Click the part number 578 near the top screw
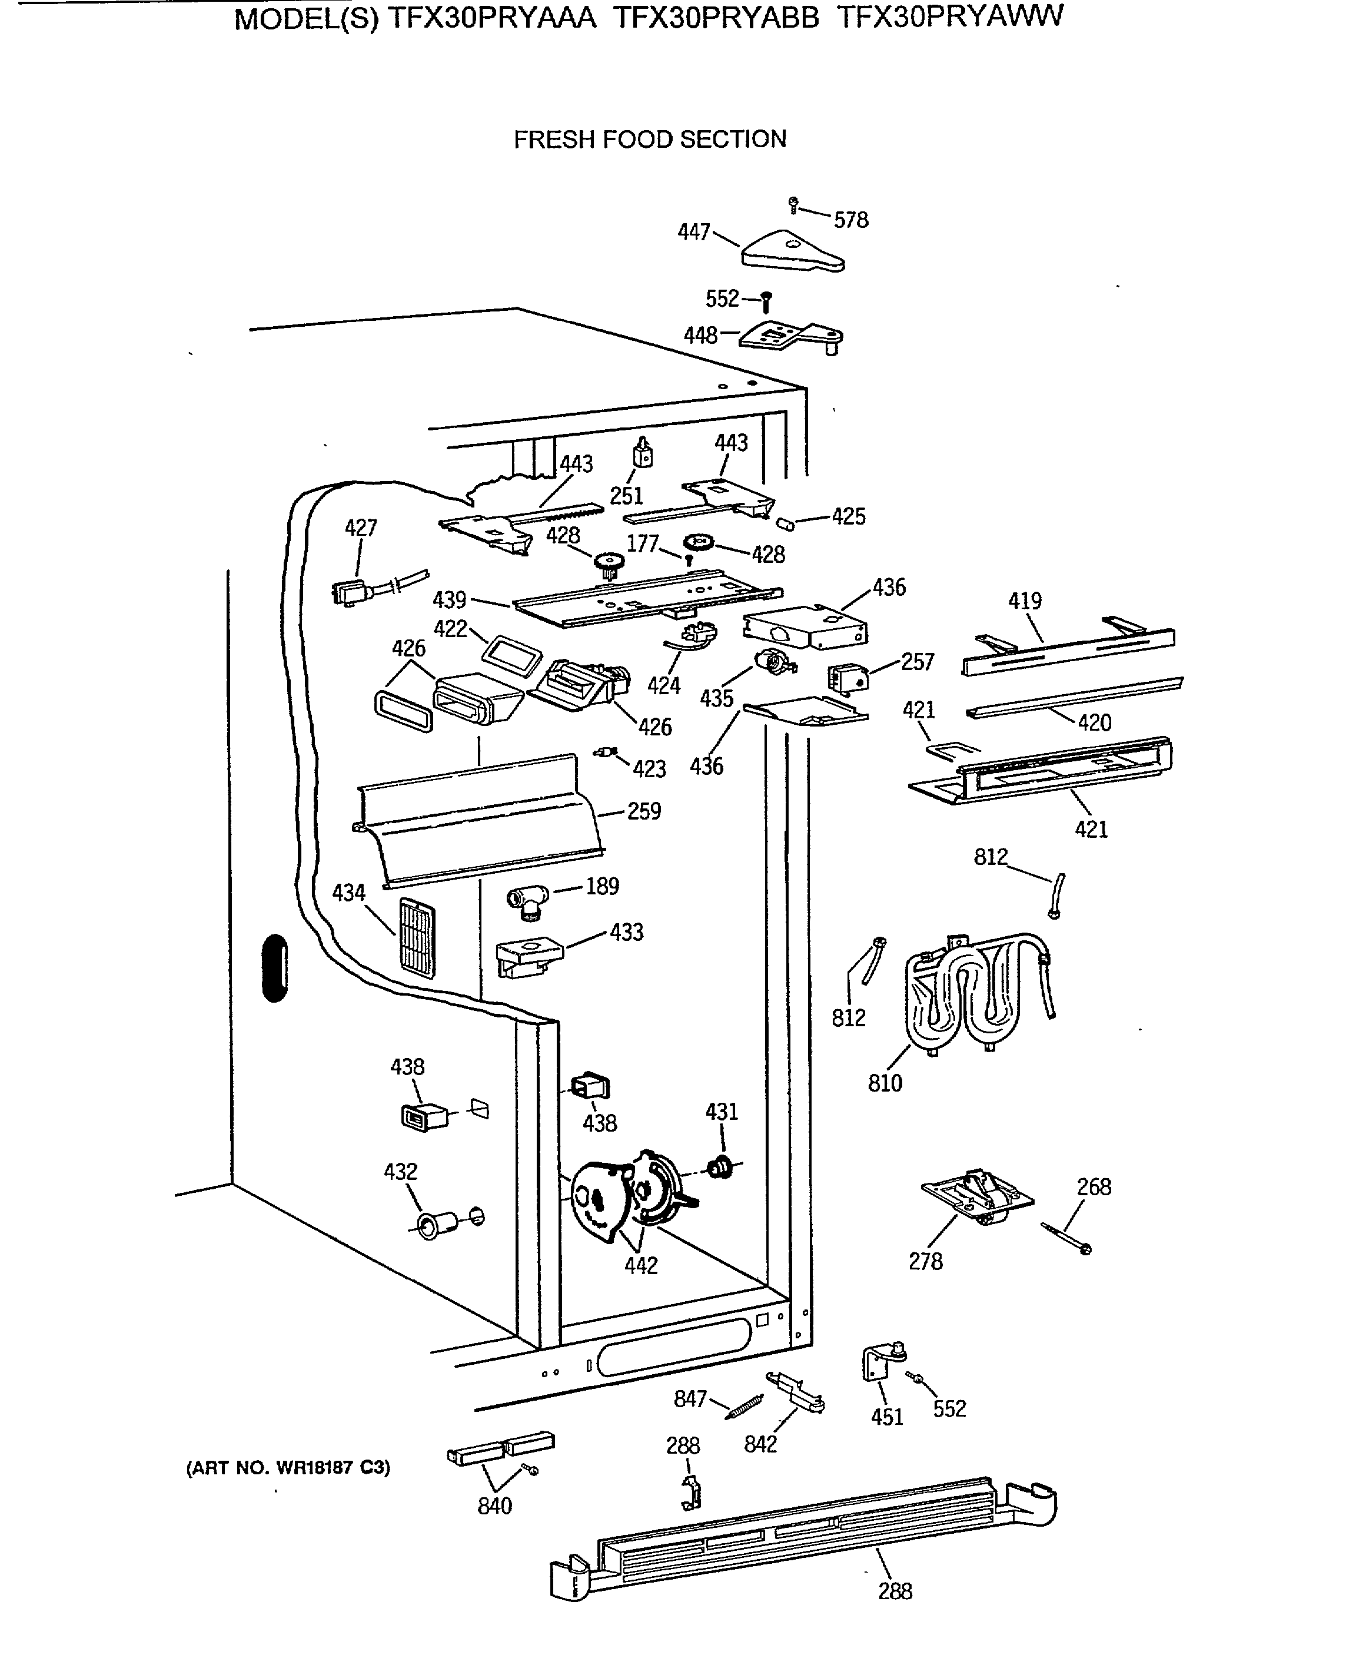click(850, 220)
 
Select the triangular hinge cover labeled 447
click(792, 251)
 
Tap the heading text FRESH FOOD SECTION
click(650, 139)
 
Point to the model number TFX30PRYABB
click(716, 16)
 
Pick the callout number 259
click(644, 811)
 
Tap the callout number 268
click(1094, 1187)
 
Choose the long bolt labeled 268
click(1066, 1239)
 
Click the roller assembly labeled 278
click(977, 1200)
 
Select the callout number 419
click(1025, 601)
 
